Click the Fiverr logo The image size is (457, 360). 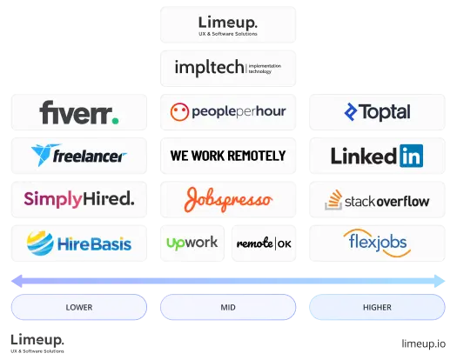click(79, 112)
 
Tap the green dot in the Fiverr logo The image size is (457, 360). click(116, 121)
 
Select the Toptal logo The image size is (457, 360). click(377, 112)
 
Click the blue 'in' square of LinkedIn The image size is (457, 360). click(411, 156)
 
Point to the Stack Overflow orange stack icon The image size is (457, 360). click(333, 200)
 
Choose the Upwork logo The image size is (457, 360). click(192, 243)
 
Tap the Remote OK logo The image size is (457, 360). click(264, 243)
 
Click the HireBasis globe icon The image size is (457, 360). click(40, 243)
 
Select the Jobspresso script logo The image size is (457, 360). click(228, 200)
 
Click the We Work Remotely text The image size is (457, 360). click(228, 156)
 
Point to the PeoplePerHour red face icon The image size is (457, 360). click(179, 112)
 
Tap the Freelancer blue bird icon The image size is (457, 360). click(45, 155)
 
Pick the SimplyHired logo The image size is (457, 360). click(79, 199)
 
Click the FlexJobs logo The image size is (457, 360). click(377, 243)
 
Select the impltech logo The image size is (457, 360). click(228, 68)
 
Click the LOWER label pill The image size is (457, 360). click(79, 307)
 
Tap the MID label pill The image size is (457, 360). click(228, 307)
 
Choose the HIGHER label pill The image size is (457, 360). click(377, 307)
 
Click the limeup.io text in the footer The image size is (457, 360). click(423, 343)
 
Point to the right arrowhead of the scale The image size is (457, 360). click(440, 281)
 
